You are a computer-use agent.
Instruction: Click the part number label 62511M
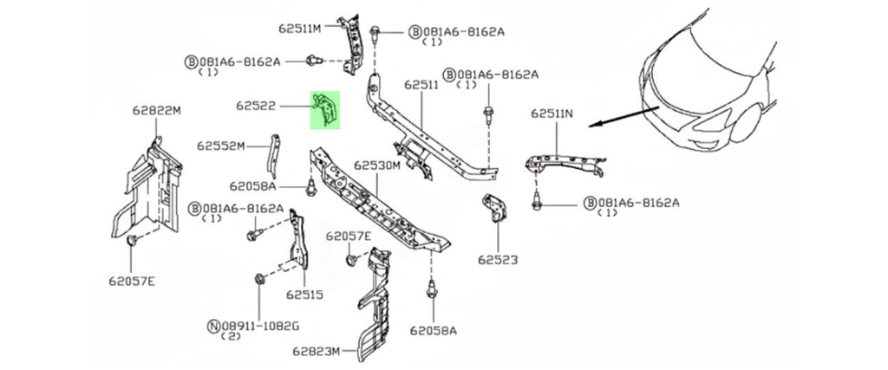coord(300,29)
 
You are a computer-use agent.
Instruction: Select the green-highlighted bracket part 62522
coord(325,109)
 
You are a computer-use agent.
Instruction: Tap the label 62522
coord(256,107)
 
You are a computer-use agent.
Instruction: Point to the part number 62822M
coord(156,111)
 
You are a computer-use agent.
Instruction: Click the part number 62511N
coord(552,114)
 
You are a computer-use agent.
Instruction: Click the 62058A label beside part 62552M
coord(252,185)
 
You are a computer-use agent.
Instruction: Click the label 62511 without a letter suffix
coord(422,85)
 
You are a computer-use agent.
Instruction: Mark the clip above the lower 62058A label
coord(431,290)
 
